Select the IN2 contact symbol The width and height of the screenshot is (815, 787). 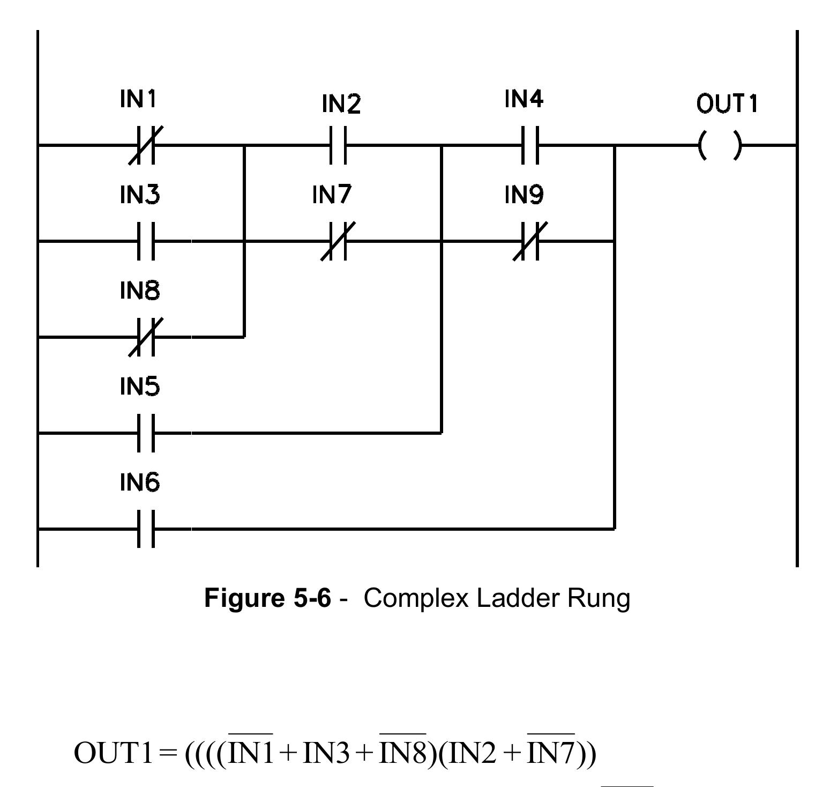coord(338,145)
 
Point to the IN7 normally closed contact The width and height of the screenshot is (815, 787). coord(338,241)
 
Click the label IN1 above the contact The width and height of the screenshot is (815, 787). coord(138,99)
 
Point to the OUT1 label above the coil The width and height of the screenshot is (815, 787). coord(727,103)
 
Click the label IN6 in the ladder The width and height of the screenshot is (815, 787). coord(139,482)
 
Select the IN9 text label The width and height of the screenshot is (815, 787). coord(524,195)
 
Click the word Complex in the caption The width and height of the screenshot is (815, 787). coord(416,598)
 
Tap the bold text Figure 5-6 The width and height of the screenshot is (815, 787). coord(268,598)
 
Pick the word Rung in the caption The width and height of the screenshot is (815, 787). coord(599,598)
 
